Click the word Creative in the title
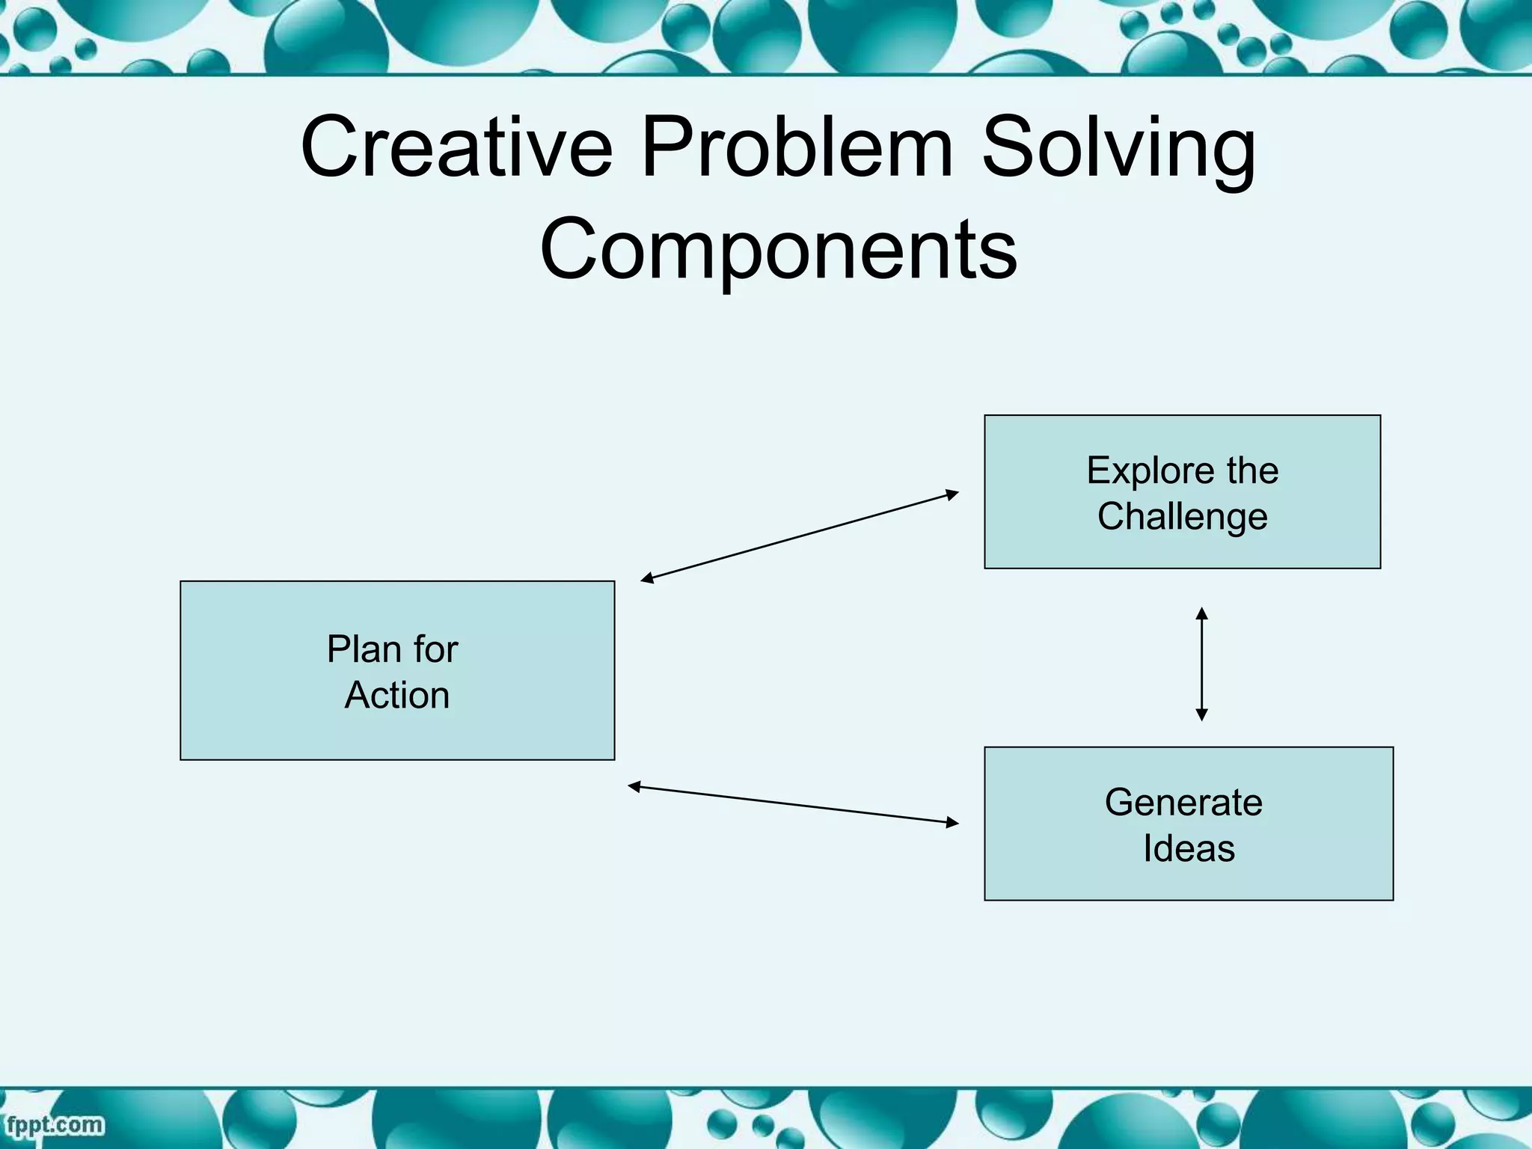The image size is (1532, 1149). pyautogui.click(x=456, y=147)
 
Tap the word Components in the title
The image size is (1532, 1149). pyautogui.click(x=778, y=249)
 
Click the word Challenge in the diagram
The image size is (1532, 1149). pyautogui.click(x=1183, y=517)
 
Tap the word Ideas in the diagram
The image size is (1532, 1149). pyautogui.click(x=1189, y=849)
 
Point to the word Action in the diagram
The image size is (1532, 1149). pyautogui.click(x=397, y=695)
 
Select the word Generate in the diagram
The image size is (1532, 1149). pyautogui.click(x=1183, y=803)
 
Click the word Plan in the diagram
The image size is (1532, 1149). pyautogui.click(x=362, y=649)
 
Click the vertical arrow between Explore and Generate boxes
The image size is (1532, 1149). pyautogui.click(x=1201, y=664)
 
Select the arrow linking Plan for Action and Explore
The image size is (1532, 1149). pyautogui.click(x=799, y=536)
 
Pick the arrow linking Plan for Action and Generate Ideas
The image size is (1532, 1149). pyautogui.click(x=793, y=805)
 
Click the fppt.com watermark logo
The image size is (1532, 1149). pyautogui.click(x=55, y=1125)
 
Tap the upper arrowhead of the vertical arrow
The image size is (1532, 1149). pyautogui.click(x=1201, y=613)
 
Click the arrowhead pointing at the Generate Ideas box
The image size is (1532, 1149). pyautogui.click(x=952, y=823)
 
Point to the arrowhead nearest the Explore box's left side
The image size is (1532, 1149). pyautogui.click(x=952, y=493)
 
